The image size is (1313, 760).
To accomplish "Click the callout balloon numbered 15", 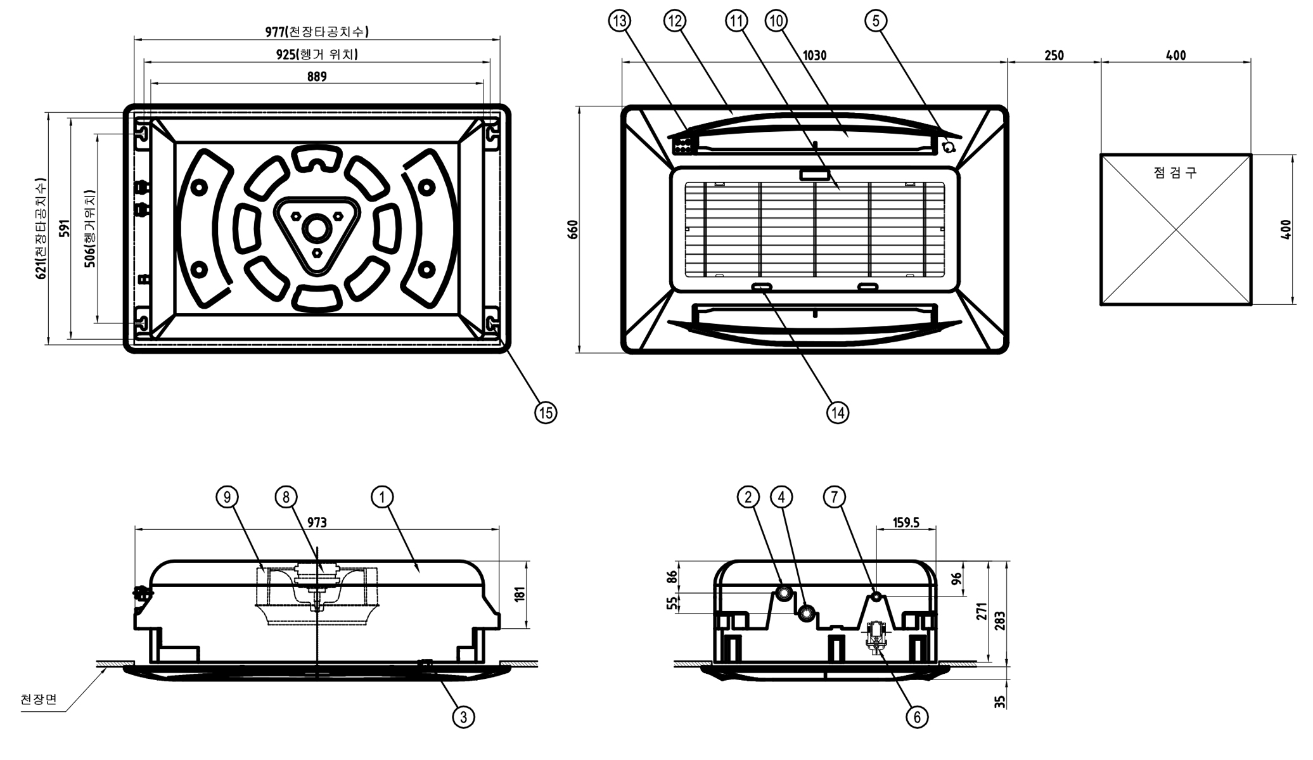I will (545, 413).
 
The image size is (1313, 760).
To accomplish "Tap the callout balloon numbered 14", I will (838, 413).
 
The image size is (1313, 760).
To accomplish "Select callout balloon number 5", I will (876, 21).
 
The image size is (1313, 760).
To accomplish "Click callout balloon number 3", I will (463, 717).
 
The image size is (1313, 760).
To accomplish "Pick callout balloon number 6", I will (916, 717).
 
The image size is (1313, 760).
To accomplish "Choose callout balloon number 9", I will (227, 498).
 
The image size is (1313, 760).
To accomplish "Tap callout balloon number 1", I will (382, 498).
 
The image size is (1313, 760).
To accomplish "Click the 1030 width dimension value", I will (814, 56).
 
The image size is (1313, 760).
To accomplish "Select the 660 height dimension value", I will (573, 229).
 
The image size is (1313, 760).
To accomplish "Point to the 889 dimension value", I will (317, 77).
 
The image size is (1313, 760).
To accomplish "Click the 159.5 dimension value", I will (906, 523).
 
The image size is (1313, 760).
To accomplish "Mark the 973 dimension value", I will (317, 522).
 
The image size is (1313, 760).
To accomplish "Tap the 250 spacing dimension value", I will (1054, 56).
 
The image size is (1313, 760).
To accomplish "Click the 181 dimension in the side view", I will (520, 595).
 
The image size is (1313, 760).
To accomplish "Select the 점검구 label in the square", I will (1175, 172).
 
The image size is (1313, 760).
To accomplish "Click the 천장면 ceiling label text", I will (39, 699).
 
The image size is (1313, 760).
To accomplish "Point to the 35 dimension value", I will (1000, 702).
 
